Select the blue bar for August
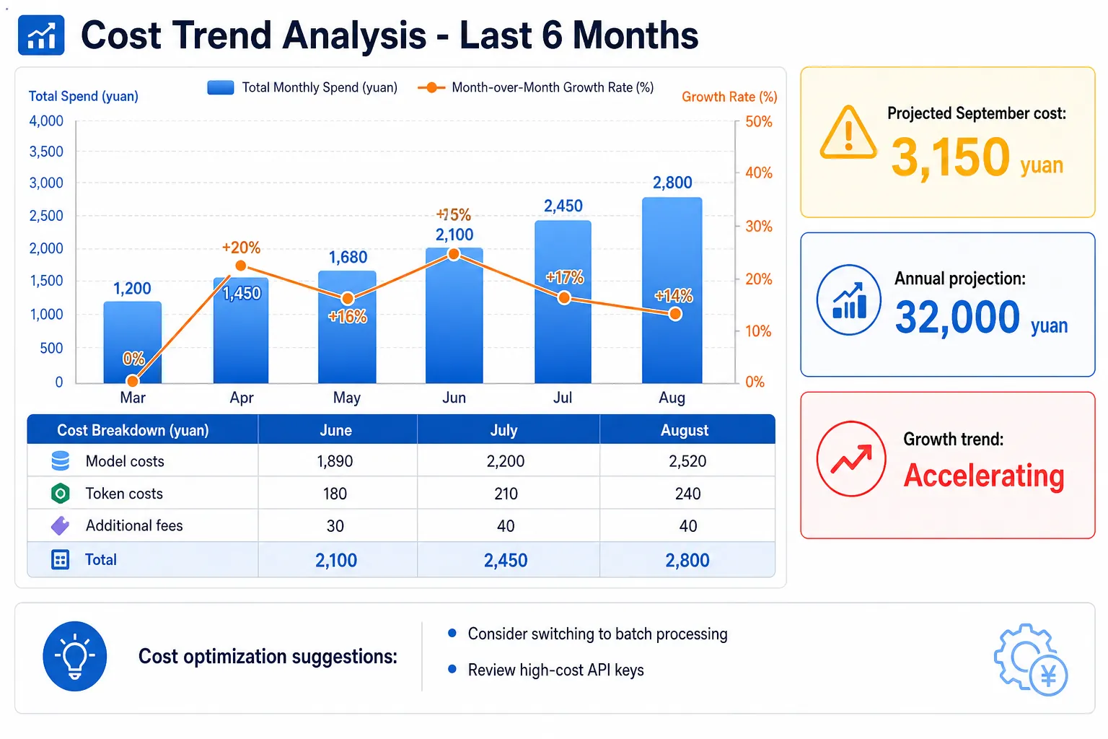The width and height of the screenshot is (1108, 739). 672,290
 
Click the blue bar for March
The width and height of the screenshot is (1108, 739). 132,342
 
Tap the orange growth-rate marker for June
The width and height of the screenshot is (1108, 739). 454,255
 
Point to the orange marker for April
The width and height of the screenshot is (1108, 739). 241,266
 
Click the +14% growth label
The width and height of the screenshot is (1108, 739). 673,296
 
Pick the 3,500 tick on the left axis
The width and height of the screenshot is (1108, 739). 46,152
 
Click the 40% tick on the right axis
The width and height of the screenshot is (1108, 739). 759,172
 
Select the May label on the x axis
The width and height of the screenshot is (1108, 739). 347,398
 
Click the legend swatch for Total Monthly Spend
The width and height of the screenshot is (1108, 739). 221,87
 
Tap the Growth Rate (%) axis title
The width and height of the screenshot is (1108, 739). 729,97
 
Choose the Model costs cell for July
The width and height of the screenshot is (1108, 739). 505,461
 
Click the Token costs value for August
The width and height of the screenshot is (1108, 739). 687,494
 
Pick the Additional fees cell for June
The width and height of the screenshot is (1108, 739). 335,525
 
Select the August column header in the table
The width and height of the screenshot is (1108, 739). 685,430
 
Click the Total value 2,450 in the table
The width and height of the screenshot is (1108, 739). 506,560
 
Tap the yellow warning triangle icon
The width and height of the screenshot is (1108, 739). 848,133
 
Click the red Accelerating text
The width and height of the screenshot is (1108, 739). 984,476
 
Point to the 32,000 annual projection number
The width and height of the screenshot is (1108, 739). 957,318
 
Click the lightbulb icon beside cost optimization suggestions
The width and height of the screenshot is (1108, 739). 75,656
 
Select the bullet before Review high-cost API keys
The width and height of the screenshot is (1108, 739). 452,669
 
